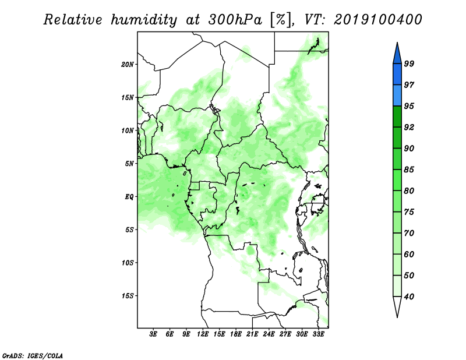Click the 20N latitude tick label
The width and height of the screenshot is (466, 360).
click(x=128, y=64)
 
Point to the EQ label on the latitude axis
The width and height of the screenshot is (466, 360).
click(x=129, y=197)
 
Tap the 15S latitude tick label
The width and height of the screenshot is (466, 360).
click(x=128, y=296)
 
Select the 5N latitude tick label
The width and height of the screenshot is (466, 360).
click(x=129, y=164)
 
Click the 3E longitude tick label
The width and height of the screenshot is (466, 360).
click(x=153, y=334)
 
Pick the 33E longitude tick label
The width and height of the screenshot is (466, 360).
click(x=318, y=334)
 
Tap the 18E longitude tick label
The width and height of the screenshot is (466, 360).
click(x=236, y=334)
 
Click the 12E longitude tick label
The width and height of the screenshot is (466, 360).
click(x=203, y=334)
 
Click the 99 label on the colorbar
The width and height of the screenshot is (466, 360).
click(x=409, y=63)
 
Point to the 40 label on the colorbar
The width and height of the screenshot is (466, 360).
click(x=409, y=297)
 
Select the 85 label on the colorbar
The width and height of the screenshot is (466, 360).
click(x=409, y=170)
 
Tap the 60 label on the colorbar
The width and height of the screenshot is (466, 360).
click(x=409, y=254)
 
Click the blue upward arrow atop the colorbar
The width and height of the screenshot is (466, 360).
click(x=397, y=54)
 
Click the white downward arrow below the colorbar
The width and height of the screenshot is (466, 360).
click(x=397, y=306)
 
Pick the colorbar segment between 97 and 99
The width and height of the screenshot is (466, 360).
click(x=397, y=75)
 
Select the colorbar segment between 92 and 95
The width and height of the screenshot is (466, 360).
click(x=397, y=117)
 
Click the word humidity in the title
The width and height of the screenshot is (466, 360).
click(x=144, y=20)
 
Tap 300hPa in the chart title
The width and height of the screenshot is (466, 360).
click(x=235, y=20)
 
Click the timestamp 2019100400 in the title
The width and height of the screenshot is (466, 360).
click(x=377, y=20)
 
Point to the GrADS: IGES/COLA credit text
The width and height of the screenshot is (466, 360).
click(x=33, y=355)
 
